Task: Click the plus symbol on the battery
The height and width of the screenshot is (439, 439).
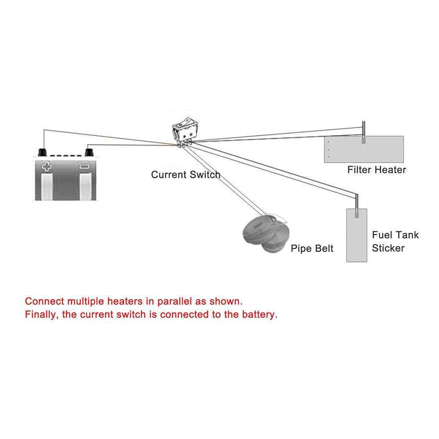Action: tap(47, 167)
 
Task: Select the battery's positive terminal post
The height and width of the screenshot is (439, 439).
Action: tap(42, 152)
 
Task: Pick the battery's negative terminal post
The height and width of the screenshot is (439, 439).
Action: tap(90, 152)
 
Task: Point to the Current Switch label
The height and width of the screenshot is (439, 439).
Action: tap(185, 175)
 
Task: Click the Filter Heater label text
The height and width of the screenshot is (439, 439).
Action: tap(377, 170)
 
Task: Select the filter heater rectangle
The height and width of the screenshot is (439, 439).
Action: tap(363, 150)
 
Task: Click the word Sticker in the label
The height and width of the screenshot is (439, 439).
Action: tap(388, 248)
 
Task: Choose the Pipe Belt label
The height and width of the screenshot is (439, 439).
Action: tap(312, 248)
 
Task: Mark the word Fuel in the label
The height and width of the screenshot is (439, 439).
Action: tap(381, 235)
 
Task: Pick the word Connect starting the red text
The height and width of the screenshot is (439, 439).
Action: tap(44, 302)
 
